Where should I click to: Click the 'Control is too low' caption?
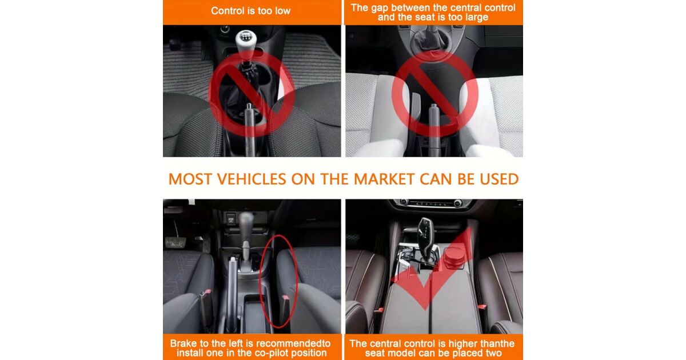[250, 11]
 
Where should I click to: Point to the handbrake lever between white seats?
[434, 129]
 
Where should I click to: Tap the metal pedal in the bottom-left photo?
[176, 242]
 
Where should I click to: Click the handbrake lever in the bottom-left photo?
[232, 294]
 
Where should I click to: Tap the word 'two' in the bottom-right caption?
[493, 353]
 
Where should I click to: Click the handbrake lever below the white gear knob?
[250, 129]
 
